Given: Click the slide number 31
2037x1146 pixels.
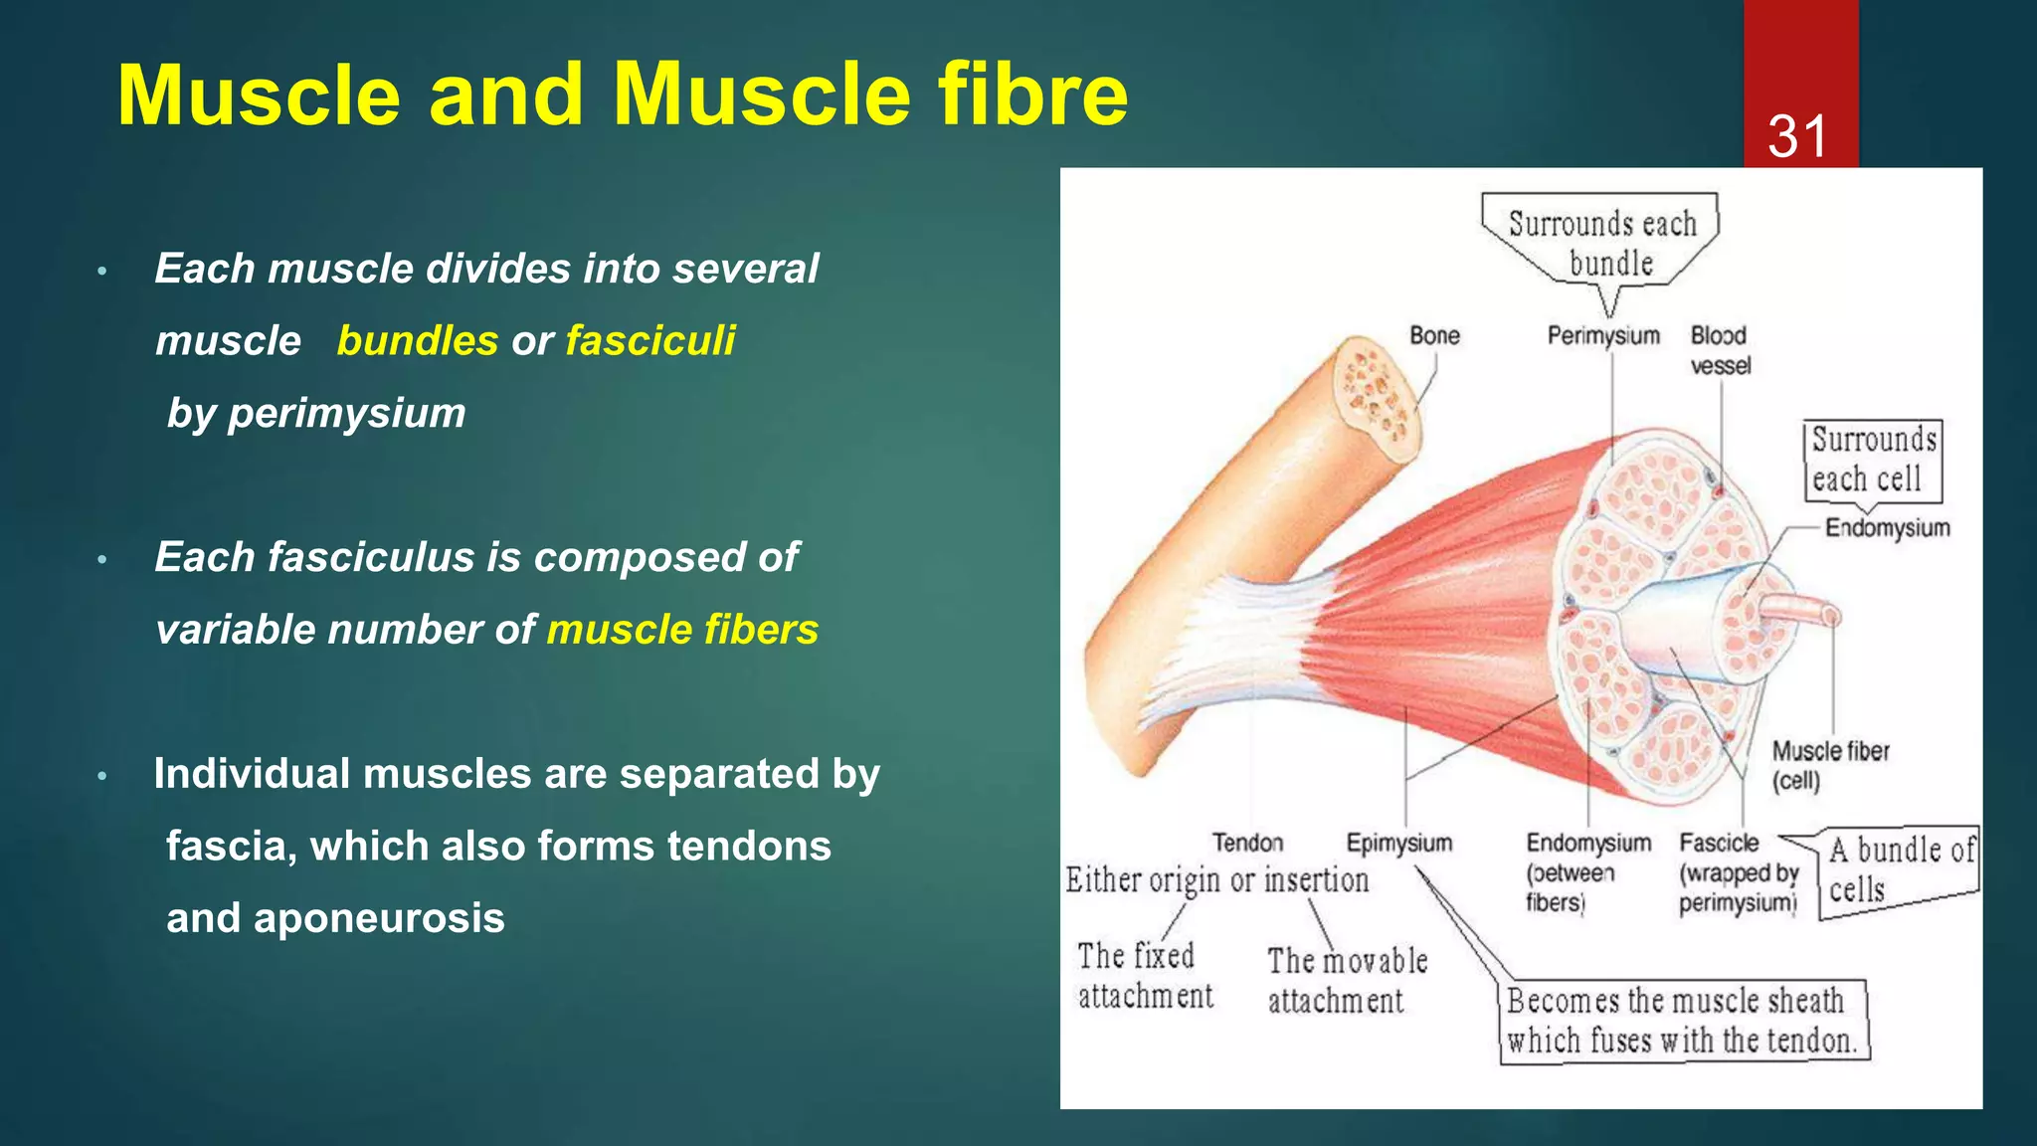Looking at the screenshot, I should (x=1798, y=136).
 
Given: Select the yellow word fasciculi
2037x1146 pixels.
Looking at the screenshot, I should (x=650, y=341).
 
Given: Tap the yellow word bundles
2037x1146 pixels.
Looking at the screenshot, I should (x=418, y=341).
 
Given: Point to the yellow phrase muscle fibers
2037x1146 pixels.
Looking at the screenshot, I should (x=682, y=630).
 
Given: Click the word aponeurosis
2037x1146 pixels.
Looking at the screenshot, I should (x=335, y=918).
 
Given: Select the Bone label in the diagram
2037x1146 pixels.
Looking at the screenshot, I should (x=1434, y=336).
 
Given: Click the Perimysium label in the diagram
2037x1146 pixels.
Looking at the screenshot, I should (x=1603, y=336).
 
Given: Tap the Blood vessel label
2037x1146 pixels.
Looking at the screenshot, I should (x=1720, y=350).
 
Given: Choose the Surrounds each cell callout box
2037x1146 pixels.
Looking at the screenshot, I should (x=1873, y=460).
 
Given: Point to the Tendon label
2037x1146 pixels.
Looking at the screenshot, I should (x=1247, y=844).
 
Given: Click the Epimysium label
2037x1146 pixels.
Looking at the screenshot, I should (x=1398, y=844).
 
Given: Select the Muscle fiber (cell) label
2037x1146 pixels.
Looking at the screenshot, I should (x=1830, y=765).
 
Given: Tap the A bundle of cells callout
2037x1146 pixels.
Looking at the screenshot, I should (x=1900, y=868).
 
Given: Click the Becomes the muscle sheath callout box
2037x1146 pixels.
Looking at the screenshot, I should (x=1682, y=1021).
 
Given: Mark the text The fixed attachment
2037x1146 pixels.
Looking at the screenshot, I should (x=1145, y=976).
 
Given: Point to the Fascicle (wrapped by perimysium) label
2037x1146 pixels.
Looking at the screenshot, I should (x=1739, y=873).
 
